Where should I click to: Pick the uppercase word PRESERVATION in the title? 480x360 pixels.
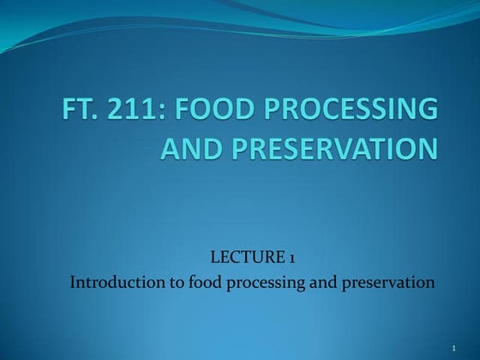[331, 148]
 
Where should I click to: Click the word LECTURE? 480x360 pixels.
[251, 256]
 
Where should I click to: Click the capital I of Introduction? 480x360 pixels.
[73, 280]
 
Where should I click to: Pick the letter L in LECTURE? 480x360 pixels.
[214, 256]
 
